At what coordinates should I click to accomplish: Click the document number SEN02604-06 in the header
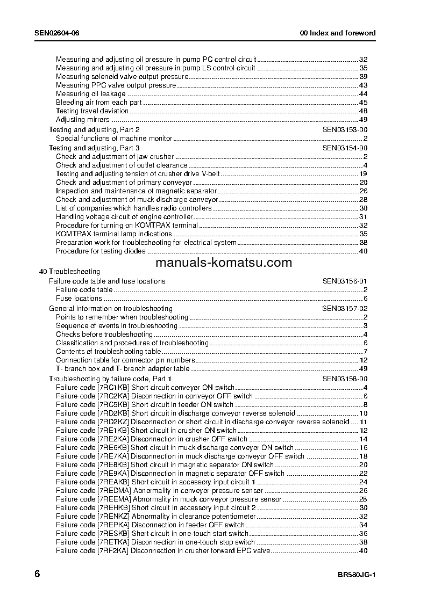pos(57,33)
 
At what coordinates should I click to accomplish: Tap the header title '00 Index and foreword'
pos(338,33)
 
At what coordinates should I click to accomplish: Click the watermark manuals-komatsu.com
pos(224,263)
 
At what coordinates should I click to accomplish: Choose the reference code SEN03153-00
pos(345,130)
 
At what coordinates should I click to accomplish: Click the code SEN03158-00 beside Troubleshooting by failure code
pos(345,379)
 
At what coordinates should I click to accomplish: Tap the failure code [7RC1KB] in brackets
pos(113,388)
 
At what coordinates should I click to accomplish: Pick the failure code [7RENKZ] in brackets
pos(113,516)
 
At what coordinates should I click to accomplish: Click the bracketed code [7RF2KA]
pos(113,550)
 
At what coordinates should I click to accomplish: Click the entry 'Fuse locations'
pos(79,299)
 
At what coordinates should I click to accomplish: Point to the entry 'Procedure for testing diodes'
pos(101,251)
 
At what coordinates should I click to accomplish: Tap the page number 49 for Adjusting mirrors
pos(363,120)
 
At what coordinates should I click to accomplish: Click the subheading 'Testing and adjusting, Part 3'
pos(94,148)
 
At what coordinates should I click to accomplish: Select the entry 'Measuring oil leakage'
pos(90,94)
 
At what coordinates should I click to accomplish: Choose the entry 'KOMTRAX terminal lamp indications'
pos(114,234)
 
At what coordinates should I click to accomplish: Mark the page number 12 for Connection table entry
pos(364,360)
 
